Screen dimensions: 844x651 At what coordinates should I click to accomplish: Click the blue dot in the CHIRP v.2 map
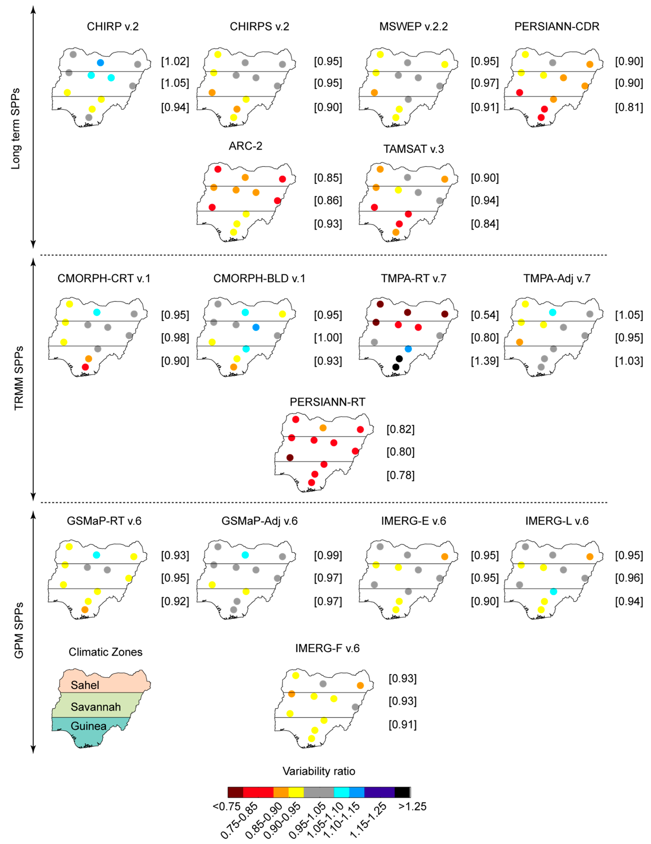point(100,63)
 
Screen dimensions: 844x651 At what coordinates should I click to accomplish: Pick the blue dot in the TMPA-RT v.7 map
point(408,349)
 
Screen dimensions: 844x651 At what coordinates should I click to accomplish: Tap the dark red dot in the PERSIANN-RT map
point(290,457)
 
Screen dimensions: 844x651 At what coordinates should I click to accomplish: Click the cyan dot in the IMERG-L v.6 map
point(553,592)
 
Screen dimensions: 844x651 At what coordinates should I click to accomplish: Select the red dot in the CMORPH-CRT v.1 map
point(85,367)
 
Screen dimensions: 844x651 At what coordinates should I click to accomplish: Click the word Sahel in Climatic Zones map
point(85,685)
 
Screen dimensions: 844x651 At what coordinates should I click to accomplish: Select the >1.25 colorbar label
point(413,806)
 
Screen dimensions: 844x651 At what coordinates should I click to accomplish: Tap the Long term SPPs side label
point(16,129)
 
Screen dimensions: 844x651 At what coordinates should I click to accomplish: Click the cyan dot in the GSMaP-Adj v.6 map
point(245,555)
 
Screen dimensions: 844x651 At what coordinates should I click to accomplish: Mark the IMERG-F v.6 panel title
point(327,648)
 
